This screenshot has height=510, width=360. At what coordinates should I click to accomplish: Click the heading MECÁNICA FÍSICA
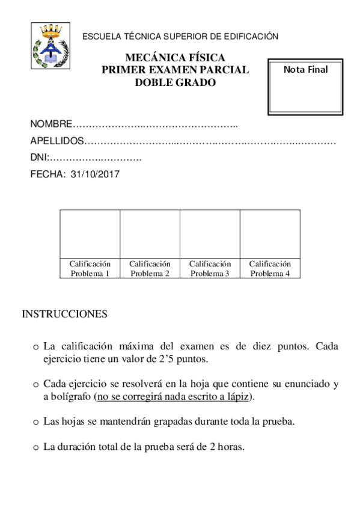[175, 58]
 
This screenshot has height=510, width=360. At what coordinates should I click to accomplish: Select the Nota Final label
[305, 70]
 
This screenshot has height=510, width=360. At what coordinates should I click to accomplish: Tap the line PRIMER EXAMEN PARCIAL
[175, 70]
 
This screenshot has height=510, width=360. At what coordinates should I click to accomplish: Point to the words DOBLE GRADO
[175, 83]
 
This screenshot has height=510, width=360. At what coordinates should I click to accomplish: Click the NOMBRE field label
[50, 125]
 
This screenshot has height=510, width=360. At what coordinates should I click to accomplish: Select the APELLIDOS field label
[57, 142]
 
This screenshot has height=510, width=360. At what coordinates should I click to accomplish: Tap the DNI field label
[38, 158]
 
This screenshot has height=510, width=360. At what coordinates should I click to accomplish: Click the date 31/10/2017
[96, 175]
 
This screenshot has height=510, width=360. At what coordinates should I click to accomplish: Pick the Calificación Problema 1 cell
[90, 268]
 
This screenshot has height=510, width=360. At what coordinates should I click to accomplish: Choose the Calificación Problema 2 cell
[150, 268]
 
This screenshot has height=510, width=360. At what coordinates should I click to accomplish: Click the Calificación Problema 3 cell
[210, 268]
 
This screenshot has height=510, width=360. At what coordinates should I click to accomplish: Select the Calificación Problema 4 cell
[270, 268]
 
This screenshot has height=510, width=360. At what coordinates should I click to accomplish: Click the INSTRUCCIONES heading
[65, 314]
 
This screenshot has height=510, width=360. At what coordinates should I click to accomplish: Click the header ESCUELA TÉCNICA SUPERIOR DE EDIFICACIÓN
[180, 37]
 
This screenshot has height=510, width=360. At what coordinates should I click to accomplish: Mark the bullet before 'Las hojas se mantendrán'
[36, 422]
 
